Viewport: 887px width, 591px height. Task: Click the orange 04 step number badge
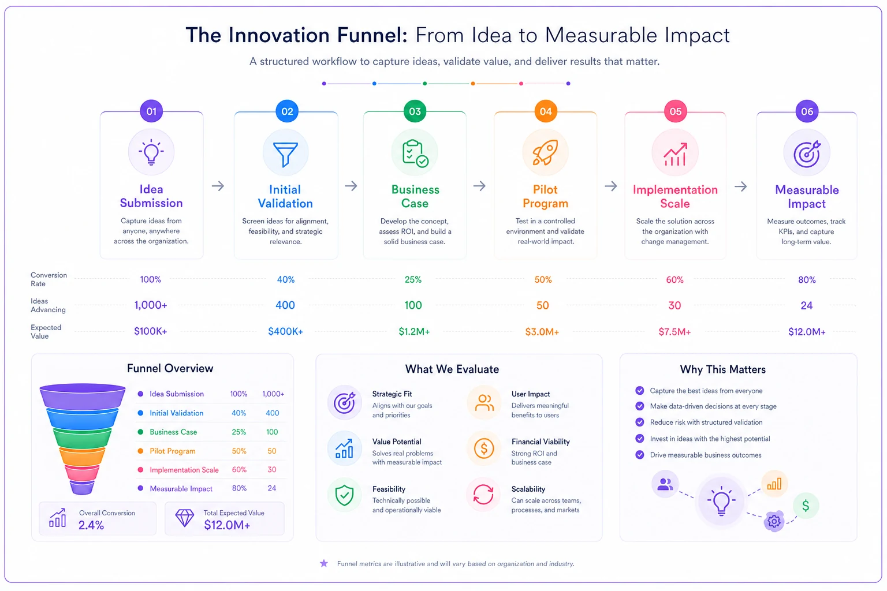tap(545, 111)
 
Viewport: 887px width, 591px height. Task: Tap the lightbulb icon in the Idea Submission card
tap(151, 152)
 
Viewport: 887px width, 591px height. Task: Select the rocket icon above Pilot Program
tap(545, 152)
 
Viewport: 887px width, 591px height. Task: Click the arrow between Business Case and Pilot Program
tap(479, 186)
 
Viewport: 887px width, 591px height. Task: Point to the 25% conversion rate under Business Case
tap(413, 279)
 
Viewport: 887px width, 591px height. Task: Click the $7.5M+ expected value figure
tap(674, 332)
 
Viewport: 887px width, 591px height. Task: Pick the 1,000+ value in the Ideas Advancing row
tap(151, 305)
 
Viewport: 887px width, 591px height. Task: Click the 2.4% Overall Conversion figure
tap(91, 525)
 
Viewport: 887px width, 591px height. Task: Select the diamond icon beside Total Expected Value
tap(185, 517)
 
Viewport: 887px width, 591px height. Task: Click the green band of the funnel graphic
tap(83, 438)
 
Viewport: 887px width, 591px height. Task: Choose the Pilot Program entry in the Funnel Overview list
tap(172, 451)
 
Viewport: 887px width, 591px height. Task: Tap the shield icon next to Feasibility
tap(344, 495)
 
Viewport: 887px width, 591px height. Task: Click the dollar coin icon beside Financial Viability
tap(483, 448)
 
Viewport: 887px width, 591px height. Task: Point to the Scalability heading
tap(528, 489)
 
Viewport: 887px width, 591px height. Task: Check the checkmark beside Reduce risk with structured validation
tap(639, 422)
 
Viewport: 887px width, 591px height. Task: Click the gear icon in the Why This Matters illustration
tap(774, 522)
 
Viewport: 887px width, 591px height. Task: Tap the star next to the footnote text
tap(324, 563)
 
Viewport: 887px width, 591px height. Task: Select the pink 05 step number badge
tap(675, 111)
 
